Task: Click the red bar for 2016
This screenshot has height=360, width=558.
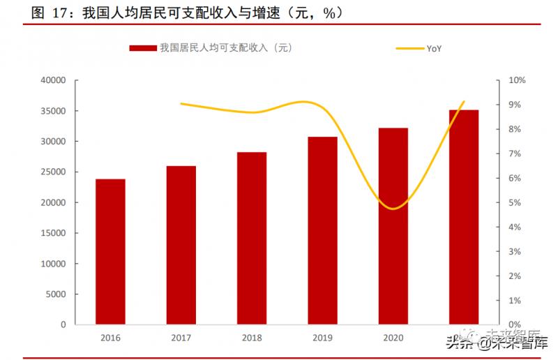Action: (x=110, y=251)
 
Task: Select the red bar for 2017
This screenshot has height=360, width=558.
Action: (x=181, y=245)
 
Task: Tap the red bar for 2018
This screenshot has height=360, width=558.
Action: (x=252, y=238)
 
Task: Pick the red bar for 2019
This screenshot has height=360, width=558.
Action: (x=323, y=230)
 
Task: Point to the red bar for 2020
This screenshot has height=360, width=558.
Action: (x=393, y=226)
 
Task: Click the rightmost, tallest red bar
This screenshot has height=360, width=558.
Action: (x=464, y=217)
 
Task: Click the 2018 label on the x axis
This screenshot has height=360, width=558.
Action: (x=252, y=337)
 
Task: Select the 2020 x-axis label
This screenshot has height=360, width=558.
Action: (x=393, y=337)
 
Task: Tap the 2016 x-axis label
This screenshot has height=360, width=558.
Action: (x=110, y=337)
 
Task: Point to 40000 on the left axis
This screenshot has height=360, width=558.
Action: (x=53, y=80)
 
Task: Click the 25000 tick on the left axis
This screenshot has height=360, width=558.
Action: (x=53, y=172)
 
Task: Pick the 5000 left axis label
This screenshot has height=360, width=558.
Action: (x=56, y=294)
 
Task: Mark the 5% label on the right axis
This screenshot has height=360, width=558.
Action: (x=514, y=203)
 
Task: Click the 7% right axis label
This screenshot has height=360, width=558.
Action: (x=514, y=153)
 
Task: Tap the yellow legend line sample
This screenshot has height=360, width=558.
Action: (x=409, y=48)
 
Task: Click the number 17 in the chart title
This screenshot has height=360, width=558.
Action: (x=61, y=13)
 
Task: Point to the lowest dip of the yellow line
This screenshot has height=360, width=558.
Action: (x=394, y=209)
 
